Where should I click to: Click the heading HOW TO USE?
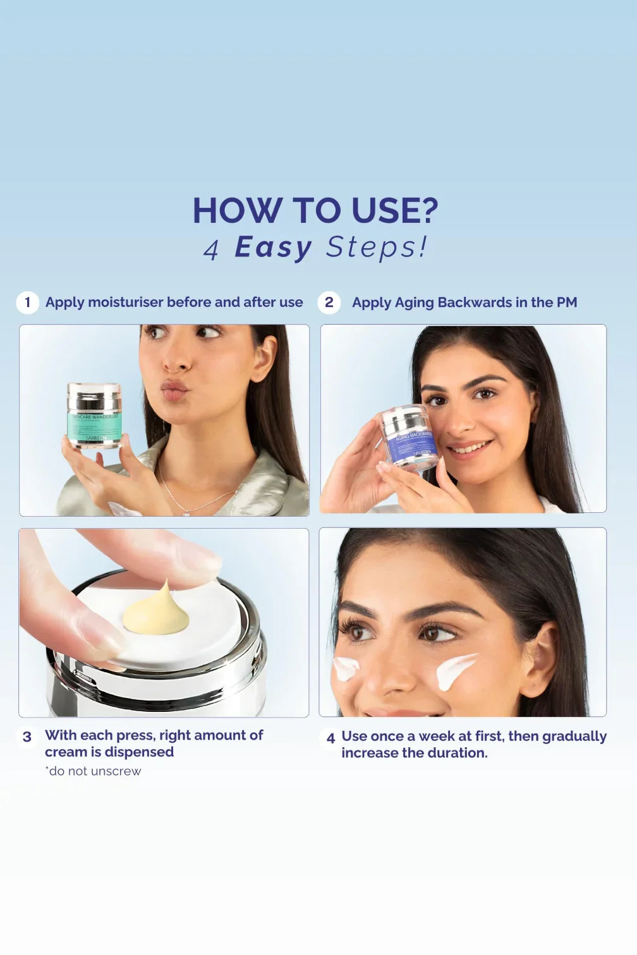(x=315, y=210)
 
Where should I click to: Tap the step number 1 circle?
(x=27, y=303)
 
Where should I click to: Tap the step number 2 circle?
(x=329, y=303)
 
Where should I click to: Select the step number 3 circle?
(x=27, y=737)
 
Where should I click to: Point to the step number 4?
(x=330, y=738)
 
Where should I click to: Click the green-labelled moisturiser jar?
(x=94, y=416)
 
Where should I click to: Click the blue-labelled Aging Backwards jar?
(x=409, y=438)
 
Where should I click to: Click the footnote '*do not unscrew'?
(x=93, y=771)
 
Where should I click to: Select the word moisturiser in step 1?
(x=126, y=303)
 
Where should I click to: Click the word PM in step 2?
(x=566, y=303)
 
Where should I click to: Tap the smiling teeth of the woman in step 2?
(x=469, y=449)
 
